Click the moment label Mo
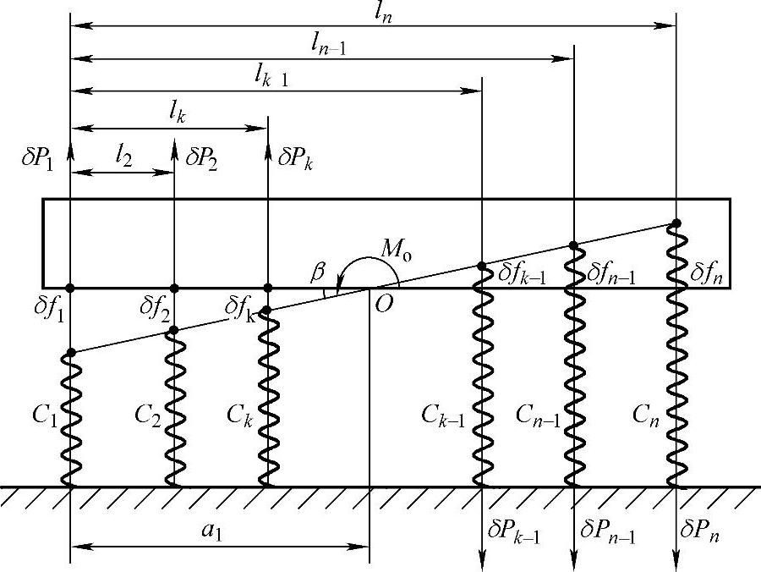click(397, 250)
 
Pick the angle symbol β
click(318, 273)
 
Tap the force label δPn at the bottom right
click(702, 533)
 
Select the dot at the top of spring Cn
click(676, 223)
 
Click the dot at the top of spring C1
click(70, 352)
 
